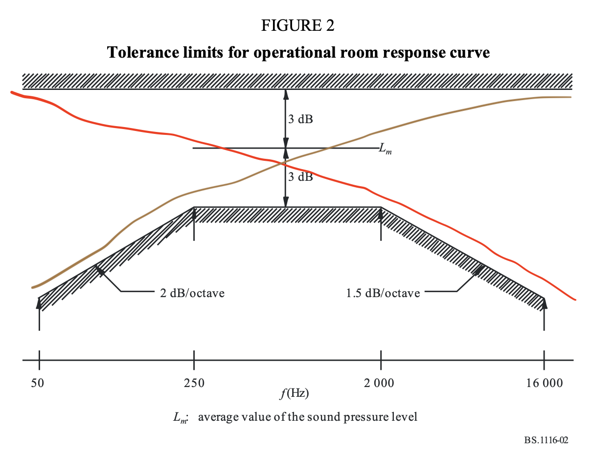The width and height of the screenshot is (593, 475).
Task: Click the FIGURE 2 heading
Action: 298,26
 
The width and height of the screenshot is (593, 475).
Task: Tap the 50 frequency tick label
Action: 38,384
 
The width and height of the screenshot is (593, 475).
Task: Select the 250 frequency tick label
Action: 194,384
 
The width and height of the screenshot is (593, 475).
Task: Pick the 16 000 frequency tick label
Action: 545,384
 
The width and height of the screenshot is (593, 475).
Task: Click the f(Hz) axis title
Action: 295,393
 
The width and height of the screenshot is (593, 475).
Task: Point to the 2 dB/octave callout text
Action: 192,294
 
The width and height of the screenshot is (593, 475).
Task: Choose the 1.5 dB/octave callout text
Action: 383,294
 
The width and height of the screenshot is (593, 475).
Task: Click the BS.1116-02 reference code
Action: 546,440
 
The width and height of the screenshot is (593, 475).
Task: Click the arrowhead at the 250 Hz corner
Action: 194,213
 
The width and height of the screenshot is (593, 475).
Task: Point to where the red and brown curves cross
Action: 281,162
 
